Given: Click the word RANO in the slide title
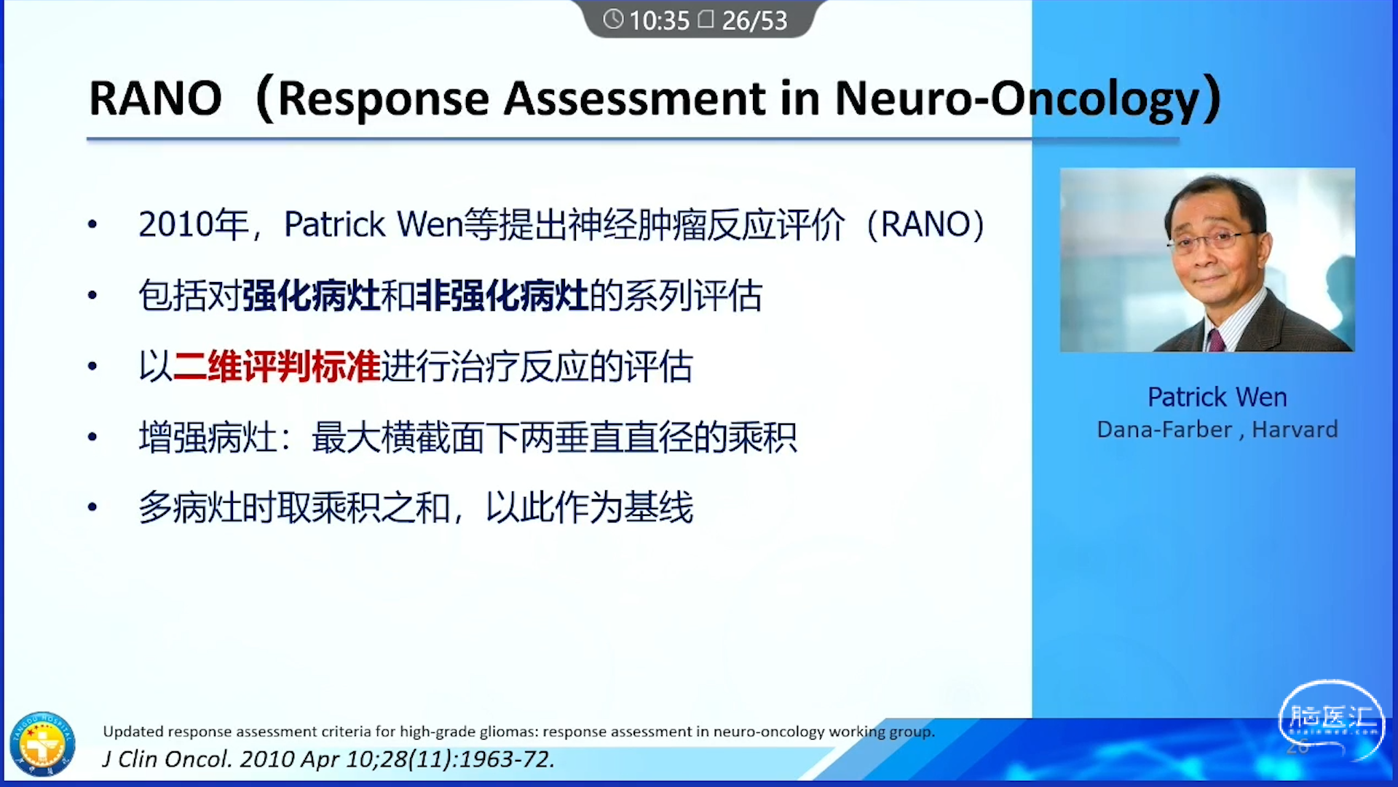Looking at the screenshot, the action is pos(155,98).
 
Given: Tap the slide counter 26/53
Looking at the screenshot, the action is pos(754,20).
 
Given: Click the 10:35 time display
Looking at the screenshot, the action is pos(659,20).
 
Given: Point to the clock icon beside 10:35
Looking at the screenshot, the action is pos(613,19).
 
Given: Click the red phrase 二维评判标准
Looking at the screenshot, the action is pos(277,367).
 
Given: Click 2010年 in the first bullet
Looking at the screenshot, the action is pos(194,224).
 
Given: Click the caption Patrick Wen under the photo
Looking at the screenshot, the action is pos(1217,397).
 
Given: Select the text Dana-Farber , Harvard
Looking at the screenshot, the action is pos(1217,430).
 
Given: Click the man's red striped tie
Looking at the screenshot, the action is pos(1215,340).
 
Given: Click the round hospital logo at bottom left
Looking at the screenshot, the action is pos(42,744).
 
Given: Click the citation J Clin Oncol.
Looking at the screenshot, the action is pos(167,759).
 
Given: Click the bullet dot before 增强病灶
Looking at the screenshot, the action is pos(92,437).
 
